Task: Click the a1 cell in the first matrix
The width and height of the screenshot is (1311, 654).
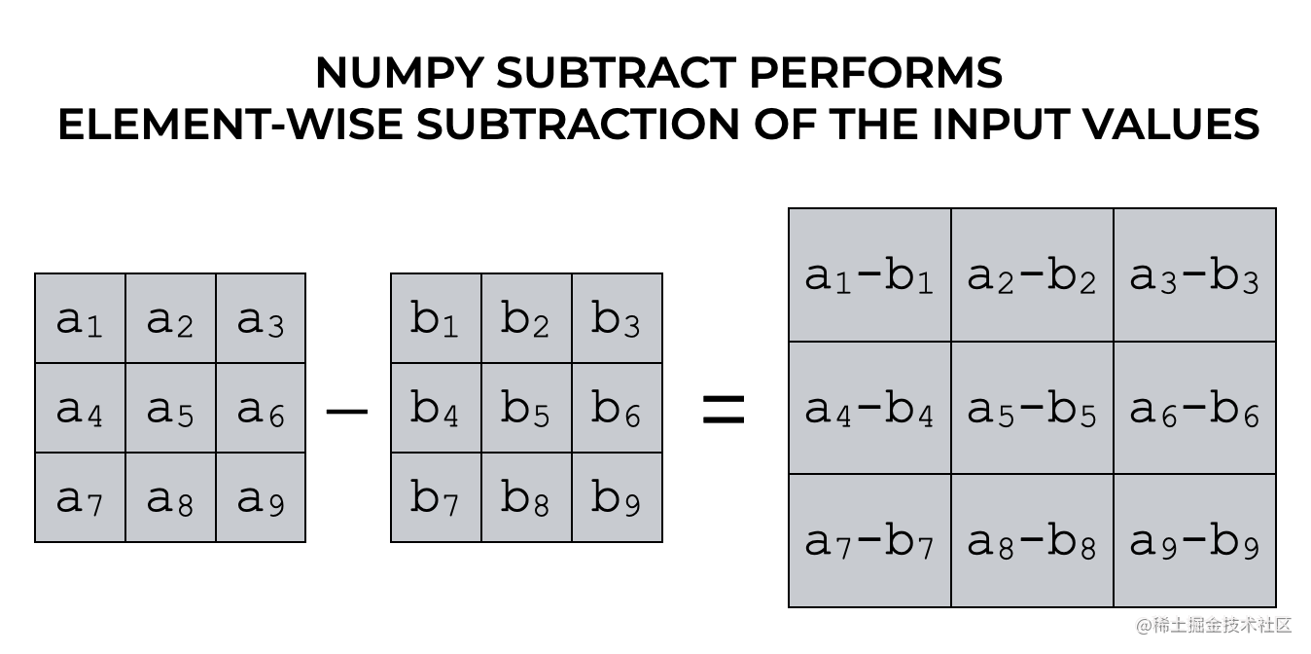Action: point(80,318)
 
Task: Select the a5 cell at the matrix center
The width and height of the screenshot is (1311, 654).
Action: point(170,408)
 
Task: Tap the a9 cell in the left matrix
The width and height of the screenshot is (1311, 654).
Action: point(261,497)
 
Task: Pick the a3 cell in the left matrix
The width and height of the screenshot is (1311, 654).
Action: point(261,318)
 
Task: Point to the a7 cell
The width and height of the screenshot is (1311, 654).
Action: point(80,497)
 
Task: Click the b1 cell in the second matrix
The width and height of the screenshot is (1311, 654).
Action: point(436,318)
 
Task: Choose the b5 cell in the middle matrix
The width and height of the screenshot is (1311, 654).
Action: point(526,408)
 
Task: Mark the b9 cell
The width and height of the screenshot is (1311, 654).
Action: point(617,497)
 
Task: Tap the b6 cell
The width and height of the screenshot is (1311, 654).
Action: point(617,408)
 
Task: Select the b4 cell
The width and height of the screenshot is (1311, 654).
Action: point(436,408)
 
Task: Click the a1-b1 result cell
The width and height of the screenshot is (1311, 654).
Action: point(869,275)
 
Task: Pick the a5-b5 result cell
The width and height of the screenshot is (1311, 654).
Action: point(1032,409)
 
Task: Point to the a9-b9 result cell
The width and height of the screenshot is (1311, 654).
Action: point(1194,541)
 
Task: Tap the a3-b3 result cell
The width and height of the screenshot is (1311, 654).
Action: point(1194,275)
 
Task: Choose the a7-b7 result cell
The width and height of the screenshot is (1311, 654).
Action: point(869,541)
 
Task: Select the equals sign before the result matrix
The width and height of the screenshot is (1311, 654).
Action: point(724,411)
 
